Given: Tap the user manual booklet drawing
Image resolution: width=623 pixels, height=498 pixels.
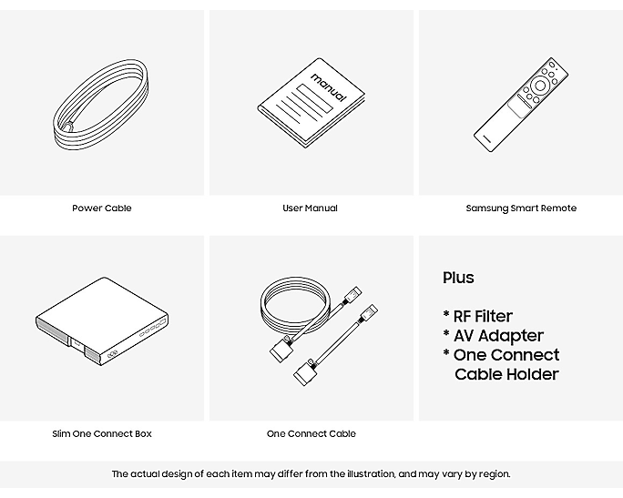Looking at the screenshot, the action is (311, 103).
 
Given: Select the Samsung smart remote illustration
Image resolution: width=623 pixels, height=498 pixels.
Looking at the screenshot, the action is (520, 105).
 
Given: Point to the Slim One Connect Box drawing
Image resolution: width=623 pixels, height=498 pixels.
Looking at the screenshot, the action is (102, 321).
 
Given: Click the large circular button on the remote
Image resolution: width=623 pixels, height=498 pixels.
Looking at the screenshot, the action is (540, 86).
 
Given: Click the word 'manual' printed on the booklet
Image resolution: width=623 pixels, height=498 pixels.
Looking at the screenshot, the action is (329, 87).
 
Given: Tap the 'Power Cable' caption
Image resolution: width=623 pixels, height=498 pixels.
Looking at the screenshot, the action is (102, 208).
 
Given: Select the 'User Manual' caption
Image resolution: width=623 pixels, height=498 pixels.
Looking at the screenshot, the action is (310, 208).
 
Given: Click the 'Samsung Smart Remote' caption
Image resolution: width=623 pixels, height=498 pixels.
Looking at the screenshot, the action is (521, 208).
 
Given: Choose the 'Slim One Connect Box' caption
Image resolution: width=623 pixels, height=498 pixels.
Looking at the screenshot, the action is (102, 433).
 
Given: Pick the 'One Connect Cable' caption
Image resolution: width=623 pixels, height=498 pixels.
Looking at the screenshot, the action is (311, 433).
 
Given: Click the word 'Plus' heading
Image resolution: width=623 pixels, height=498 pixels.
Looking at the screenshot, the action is (458, 278).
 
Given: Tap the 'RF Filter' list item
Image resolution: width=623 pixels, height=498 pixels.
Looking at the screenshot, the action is (483, 317).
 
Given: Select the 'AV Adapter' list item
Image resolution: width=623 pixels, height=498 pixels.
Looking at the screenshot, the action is (498, 336).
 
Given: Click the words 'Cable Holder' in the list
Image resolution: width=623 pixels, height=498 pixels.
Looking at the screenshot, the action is (506, 374).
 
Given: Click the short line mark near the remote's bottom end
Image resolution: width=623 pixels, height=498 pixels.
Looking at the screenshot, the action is (486, 138).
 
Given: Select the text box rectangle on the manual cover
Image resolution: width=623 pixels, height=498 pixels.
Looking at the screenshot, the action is (314, 98).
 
